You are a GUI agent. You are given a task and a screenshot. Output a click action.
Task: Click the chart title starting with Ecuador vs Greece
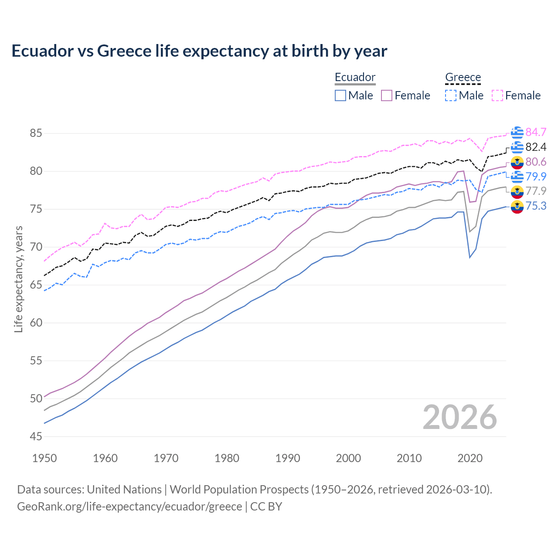(x=199, y=51)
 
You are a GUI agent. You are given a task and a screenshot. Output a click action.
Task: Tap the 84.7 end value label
(x=536, y=132)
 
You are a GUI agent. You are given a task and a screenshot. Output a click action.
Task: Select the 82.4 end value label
(x=536, y=147)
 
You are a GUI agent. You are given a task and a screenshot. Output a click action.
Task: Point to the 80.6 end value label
(x=536, y=162)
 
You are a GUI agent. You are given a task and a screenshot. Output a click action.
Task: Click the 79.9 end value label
(x=536, y=177)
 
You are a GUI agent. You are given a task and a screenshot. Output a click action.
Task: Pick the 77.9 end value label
(x=536, y=191)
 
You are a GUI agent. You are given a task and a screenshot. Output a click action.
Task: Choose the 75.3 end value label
(x=536, y=206)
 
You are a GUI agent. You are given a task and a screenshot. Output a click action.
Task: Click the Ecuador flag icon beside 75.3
(x=517, y=207)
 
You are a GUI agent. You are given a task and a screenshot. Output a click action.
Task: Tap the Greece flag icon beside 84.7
(x=517, y=133)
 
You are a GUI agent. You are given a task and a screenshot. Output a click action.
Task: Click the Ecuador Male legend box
(x=340, y=95)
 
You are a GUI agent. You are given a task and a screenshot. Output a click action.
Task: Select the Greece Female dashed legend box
(x=497, y=95)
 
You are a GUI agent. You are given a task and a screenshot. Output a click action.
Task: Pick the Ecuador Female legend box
(x=387, y=95)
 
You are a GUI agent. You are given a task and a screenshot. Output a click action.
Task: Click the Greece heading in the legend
(x=463, y=77)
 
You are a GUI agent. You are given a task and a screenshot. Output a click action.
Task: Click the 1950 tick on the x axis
(x=44, y=458)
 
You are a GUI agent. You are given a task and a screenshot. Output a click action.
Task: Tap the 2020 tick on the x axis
(x=470, y=458)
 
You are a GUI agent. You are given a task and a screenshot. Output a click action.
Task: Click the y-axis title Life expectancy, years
(x=19, y=279)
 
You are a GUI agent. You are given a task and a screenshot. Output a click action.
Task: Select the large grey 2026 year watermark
(x=460, y=417)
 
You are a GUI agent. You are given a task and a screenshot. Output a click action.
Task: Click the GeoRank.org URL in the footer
(x=129, y=507)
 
